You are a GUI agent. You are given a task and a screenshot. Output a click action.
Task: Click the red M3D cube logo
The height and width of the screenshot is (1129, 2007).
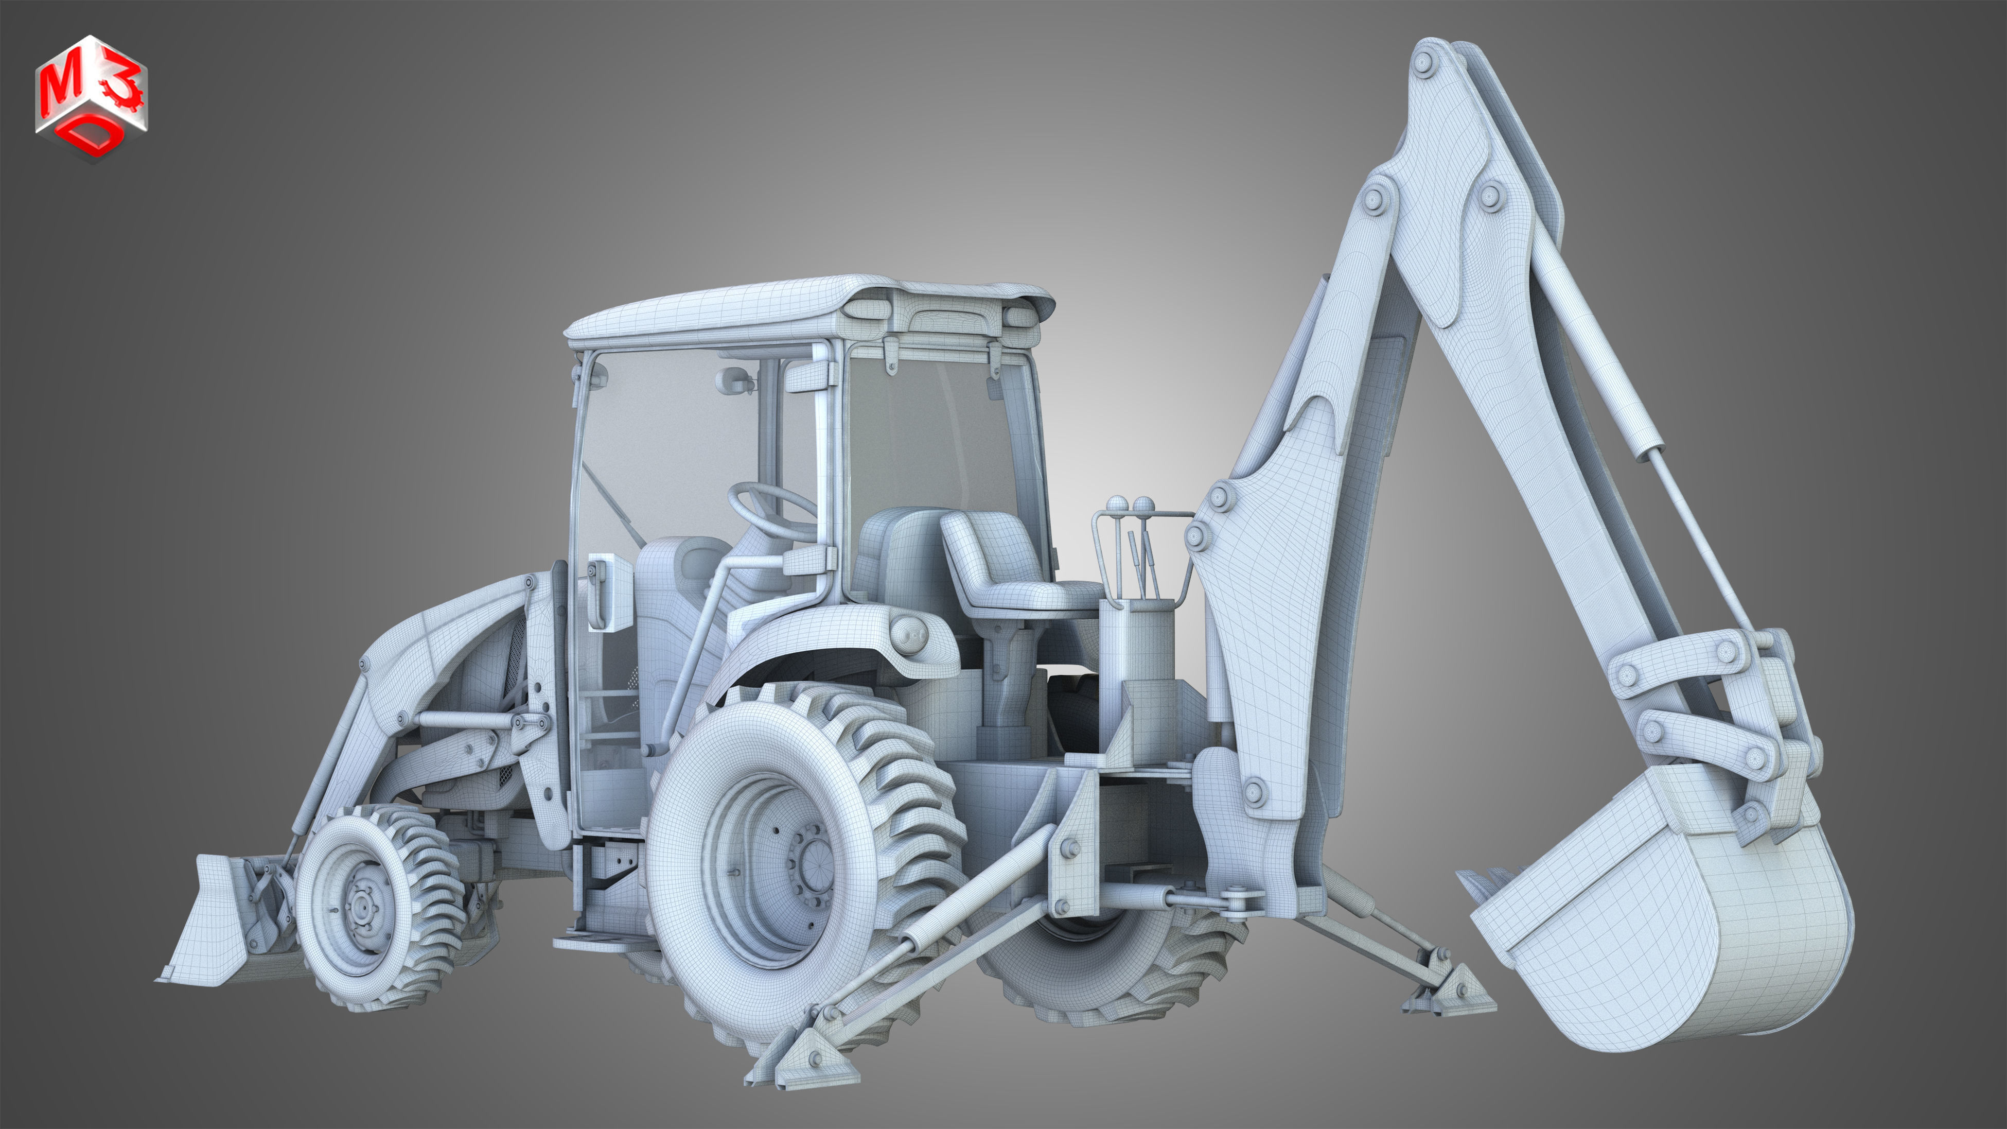click(x=91, y=98)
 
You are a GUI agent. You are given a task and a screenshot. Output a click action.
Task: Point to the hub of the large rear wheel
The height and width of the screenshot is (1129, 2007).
click(x=811, y=865)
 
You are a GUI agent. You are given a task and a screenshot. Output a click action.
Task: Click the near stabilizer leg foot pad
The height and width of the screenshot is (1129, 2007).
click(x=802, y=1059)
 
